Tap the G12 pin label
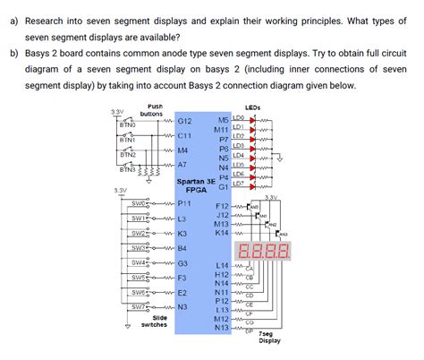click(x=185, y=119)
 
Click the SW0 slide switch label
click(x=138, y=203)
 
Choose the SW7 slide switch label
click(x=138, y=306)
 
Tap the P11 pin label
click(x=185, y=204)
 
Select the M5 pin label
click(x=224, y=118)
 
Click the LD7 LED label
click(x=239, y=183)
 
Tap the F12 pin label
click(x=223, y=207)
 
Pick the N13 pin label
click(x=223, y=328)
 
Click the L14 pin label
click(x=223, y=266)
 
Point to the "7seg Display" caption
click(x=269, y=337)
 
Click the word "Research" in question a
click(x=50, y=20)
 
